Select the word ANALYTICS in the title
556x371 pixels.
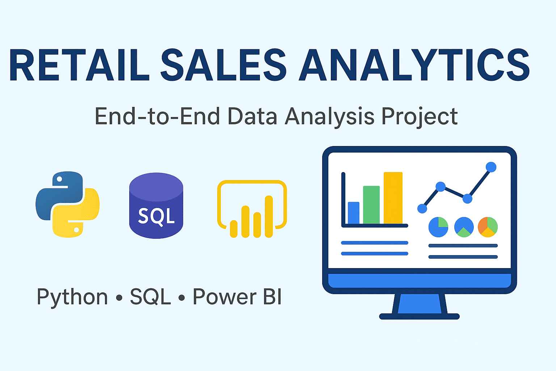(x=414, y=65)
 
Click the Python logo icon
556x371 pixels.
(x=68, y=204)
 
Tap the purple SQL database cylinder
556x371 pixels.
(x=156, y=206)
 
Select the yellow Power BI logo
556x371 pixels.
(x=252, y=209)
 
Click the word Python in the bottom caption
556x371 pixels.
(x=72, y=297)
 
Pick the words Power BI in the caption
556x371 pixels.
(x=237, y=297)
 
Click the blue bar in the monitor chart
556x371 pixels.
(x=354, y=213)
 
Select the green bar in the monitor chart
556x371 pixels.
(x=371, y=205)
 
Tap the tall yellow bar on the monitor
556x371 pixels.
(x=393, y=198)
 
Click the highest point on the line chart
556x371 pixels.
(x=491, y=167)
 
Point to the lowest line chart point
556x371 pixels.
(x=422, y=208)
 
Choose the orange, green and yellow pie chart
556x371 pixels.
(x=488, y=227)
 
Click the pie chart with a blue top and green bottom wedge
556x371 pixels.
(x=464, y=227)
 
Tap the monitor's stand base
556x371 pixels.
(x=419, y=316)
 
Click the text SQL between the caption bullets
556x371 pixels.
(x=150, y=297)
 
